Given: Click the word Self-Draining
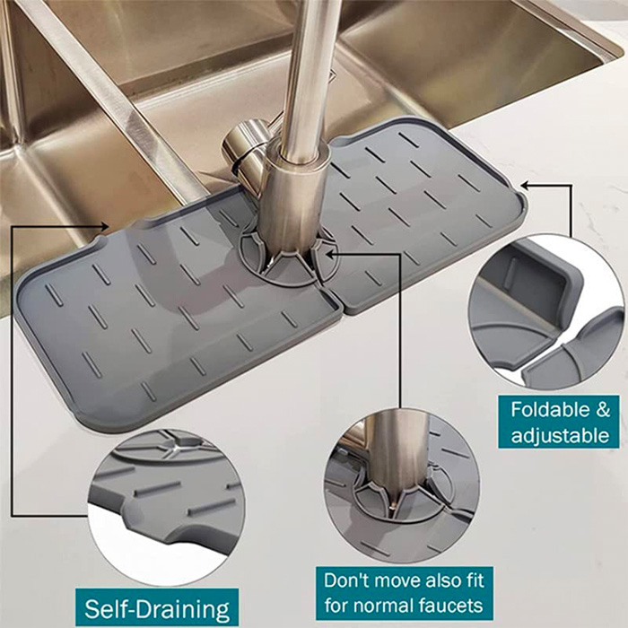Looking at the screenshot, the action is pos(157,609).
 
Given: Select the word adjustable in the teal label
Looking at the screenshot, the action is pos(560,435).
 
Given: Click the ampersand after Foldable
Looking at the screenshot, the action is pos(602,409).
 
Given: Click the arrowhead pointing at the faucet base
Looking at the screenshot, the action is pos(331,253).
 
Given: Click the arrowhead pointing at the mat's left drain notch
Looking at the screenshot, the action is pos(105,226).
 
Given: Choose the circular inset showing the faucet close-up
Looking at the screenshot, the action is pos(402,484).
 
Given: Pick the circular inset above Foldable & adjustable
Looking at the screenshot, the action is pos(547,313).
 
